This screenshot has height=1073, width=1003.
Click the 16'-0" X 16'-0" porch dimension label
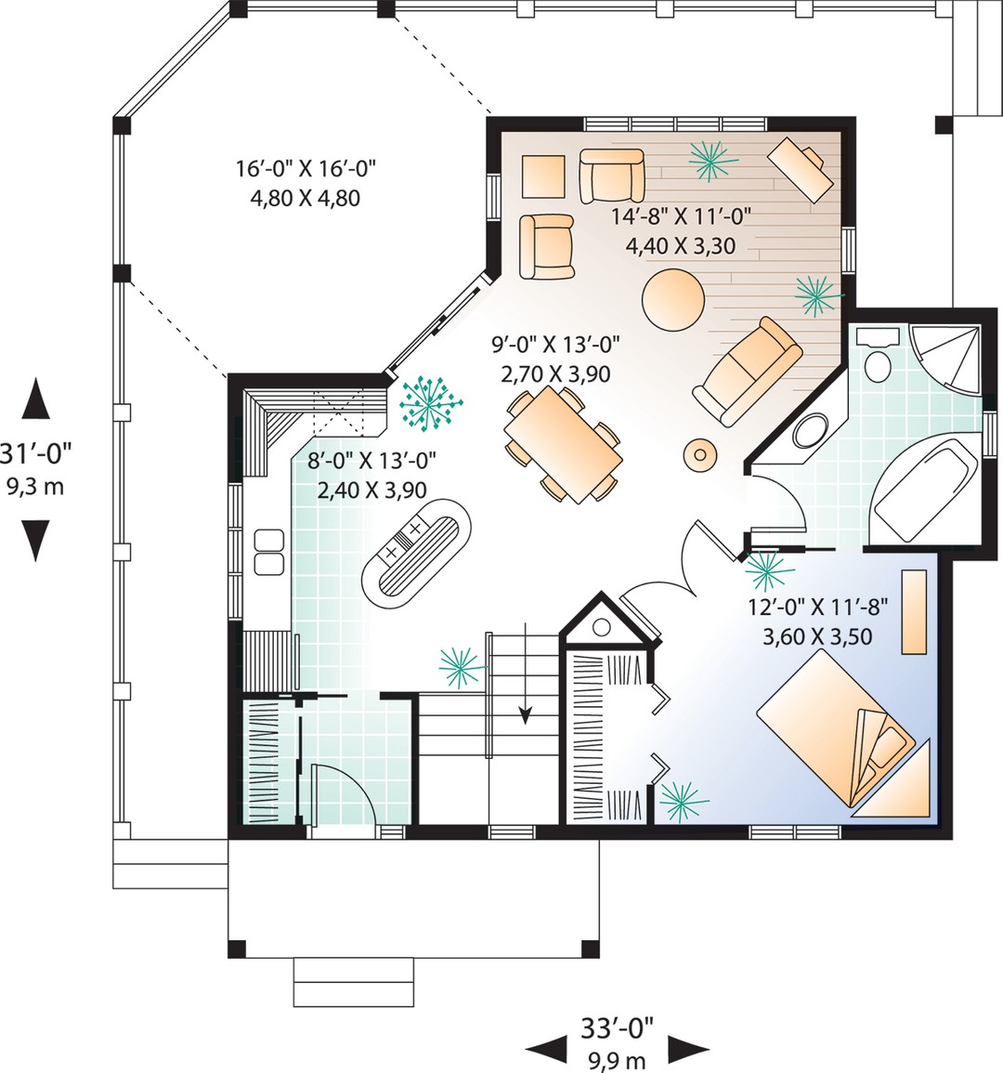coord(306,168)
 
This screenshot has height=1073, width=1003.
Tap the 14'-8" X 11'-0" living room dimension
coord(681,216)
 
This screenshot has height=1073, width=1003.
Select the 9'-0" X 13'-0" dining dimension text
coord(555,345)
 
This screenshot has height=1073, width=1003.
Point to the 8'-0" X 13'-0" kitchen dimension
coord(371,461)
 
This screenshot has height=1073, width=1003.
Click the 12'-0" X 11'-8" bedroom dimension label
coord(817,607)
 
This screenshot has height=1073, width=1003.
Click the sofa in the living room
coord(748,371)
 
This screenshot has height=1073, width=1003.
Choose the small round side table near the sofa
coord(700,453)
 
